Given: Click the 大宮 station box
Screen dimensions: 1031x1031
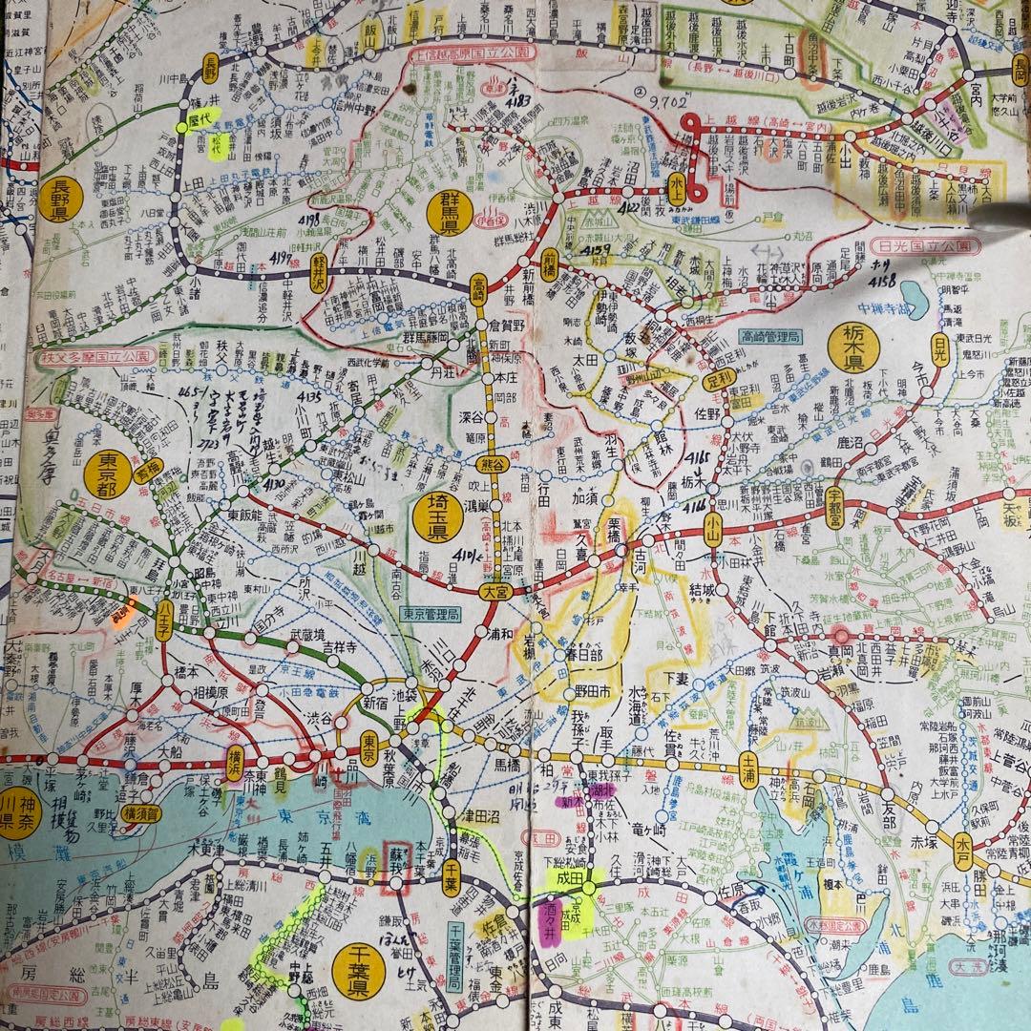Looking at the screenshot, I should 495,592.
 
